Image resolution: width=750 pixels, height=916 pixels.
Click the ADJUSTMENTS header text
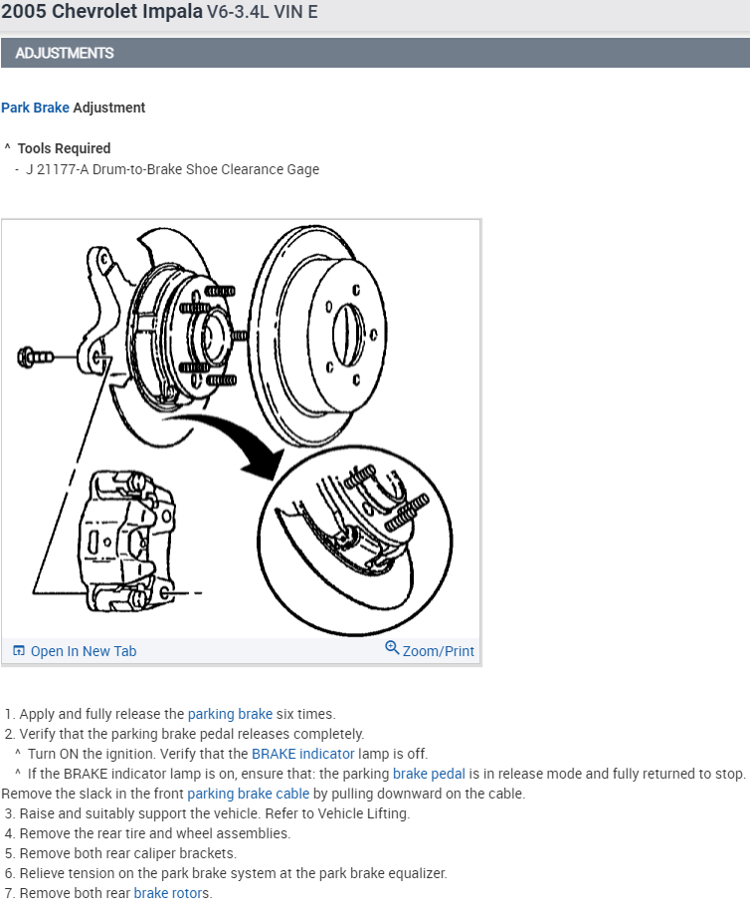[65, 53]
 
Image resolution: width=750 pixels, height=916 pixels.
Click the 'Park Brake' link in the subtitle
[35, 108]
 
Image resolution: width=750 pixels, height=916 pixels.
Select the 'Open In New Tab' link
[83, 651]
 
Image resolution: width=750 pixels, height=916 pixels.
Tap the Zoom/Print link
[438, 651]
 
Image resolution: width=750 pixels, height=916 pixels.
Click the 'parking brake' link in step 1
[230, 714]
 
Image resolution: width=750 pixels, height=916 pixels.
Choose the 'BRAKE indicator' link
[302, 754]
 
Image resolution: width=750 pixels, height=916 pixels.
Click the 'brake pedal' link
[429, 774]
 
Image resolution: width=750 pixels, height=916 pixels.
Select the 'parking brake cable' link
[248, 794]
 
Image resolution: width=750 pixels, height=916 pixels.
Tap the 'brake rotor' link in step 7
[166, 893]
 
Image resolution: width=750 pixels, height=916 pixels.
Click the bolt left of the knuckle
[37, 355]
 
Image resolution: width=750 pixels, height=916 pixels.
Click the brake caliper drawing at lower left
[124, 543]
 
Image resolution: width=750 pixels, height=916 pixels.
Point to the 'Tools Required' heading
[64, 148]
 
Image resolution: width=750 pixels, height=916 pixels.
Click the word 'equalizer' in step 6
[416, 873]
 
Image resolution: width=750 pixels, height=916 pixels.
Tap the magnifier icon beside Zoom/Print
[392, 649]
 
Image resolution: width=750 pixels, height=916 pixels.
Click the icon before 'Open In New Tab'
[18, 651]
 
